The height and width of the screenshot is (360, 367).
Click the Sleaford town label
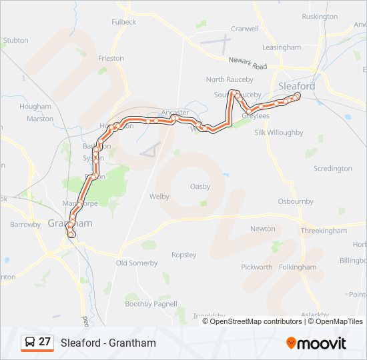click(296, 87)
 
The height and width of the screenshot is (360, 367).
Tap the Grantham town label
click(69, 223)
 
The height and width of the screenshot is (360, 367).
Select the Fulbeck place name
click(123, 22)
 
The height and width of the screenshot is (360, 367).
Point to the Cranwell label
click(244, 29)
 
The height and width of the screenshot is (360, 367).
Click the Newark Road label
click(248, 63)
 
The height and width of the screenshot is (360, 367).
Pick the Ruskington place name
click(320, 16)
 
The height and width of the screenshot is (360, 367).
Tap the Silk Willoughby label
click(279, 133)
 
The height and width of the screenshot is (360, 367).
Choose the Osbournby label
click(296, 201)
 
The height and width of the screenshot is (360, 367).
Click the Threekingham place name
click(324, 231)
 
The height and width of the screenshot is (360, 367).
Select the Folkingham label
click(298, 267)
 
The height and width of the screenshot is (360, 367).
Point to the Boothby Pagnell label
click(151, 304)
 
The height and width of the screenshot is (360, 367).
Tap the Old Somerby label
click(137, 263)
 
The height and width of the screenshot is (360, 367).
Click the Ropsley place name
click(184, 255)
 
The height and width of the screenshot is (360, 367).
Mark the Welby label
click(159, 197)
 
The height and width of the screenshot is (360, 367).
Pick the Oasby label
click(200, 186)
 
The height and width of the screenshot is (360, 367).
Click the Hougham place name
click(35, 107)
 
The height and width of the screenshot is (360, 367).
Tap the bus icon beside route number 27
click(30, 343)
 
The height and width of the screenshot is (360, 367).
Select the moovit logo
click(316, 343)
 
